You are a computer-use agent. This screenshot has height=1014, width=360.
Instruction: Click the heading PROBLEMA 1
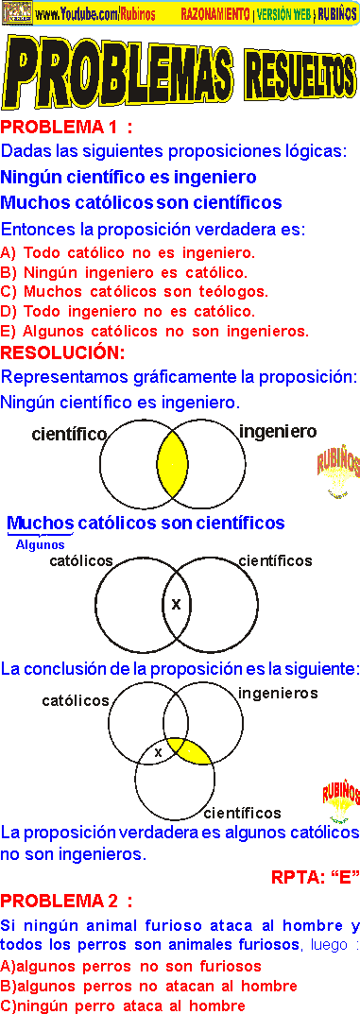(x=66, y=128)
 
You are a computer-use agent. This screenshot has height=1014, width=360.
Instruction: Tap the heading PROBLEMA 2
(x=66, y=901)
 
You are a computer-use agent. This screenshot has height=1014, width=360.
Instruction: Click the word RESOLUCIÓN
(x=62, y=353)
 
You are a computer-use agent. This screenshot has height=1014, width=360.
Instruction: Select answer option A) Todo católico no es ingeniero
(x=129, y=252)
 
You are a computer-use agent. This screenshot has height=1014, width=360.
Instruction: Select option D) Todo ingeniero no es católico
(x=128, y=311)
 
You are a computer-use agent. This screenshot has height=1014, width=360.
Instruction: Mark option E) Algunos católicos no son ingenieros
(x=156, y=331)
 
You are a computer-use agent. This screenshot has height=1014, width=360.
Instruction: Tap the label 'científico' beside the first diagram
(x=68, y=435)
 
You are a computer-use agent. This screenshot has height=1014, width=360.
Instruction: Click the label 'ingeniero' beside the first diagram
(x=278, y=432)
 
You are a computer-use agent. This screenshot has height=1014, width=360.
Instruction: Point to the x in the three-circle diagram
(x=158, y=752)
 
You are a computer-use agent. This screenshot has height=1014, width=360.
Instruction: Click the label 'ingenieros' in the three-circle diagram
(x=278, y=694)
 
